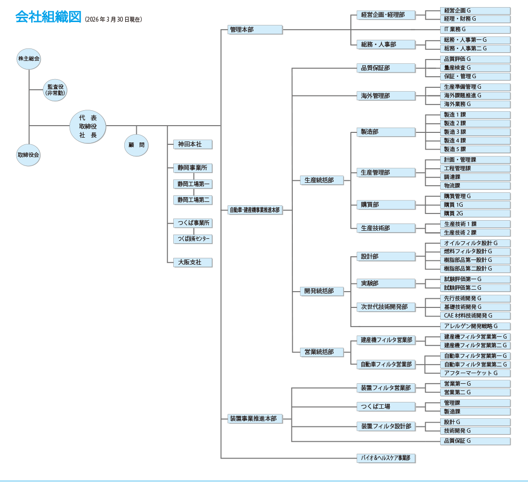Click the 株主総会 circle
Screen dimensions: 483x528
coord(29,59)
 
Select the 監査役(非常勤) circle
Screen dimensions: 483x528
coord(55,90)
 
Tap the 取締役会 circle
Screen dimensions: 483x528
coord(29,155)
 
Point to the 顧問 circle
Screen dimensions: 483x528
coord(136,144)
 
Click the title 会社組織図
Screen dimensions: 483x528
coord(48,17)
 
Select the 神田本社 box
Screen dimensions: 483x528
coord(192,144)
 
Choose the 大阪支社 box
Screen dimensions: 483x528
coord(192,263)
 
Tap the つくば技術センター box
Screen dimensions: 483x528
coord(192,239)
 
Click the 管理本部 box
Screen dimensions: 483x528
coord(254,30)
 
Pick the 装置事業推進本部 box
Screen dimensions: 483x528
coord(254,419)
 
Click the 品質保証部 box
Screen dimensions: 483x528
coord(385,68)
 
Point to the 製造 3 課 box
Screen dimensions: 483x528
coord(475,132)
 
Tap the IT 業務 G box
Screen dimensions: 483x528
coord(475,30)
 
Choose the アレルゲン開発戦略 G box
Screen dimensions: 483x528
coord(475,326)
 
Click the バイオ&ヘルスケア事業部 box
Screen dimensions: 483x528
coord(385,458)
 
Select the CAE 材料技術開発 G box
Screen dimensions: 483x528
coord(475,316)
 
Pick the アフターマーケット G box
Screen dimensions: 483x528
coord(475,373)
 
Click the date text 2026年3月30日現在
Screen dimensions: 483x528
coord(113,20)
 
